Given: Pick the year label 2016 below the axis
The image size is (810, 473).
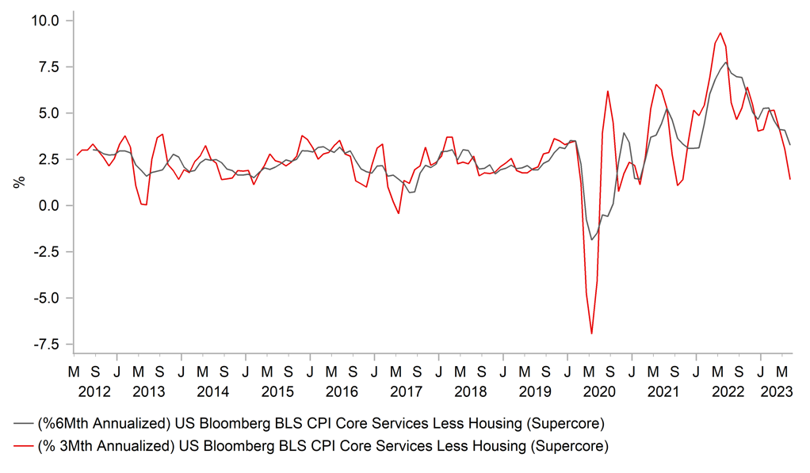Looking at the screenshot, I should (342, 391).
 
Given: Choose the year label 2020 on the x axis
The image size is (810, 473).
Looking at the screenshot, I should (598, 391).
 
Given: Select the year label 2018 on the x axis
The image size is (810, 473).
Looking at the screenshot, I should (470, 391).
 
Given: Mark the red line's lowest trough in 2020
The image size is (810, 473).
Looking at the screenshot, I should (591, 334).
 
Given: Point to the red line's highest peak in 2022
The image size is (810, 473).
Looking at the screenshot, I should (720, 33).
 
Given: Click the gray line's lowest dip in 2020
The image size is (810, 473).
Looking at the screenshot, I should (591, 239).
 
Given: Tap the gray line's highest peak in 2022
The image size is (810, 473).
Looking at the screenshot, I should (726, 62).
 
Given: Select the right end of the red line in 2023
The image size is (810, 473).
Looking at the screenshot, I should (789, 179).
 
